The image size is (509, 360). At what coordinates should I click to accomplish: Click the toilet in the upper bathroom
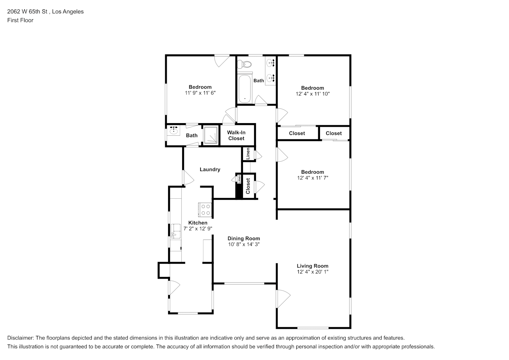(x=244, y=64)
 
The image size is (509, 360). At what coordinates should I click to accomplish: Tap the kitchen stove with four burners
(x=205, y=210)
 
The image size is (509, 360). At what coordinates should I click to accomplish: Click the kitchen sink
(x=176, y=231)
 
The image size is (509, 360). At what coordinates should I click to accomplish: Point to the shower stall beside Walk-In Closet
(x=211, y=135)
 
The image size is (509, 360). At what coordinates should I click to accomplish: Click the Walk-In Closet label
(x=236, y=135)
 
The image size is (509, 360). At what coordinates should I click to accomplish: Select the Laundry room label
(x=210, y=169)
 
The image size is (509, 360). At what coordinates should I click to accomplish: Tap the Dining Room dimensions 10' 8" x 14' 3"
(x=244, y=244)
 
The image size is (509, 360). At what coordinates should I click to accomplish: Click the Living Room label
(x=312, y=266)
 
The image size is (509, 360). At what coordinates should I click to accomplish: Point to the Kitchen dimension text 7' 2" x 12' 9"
(x=198, y=229)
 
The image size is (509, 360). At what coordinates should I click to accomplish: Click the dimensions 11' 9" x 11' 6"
(x=200, y=93)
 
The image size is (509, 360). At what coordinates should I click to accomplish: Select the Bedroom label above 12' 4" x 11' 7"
(x=313, y=172)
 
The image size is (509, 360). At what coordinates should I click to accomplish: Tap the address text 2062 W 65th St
(x=27, y=12)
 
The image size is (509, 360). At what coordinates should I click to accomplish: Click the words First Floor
(x=20, y=20)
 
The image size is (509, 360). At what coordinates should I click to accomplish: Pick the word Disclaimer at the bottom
(x=21, y=338)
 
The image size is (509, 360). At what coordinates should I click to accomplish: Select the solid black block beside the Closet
(x=239, y=191)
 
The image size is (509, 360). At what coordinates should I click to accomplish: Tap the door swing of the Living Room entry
(x=284, y=299)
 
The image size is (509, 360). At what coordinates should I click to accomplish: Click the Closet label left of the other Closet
(x=297, y=134)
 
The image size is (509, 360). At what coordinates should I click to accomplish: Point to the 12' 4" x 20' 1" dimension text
(x=313, y=272)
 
